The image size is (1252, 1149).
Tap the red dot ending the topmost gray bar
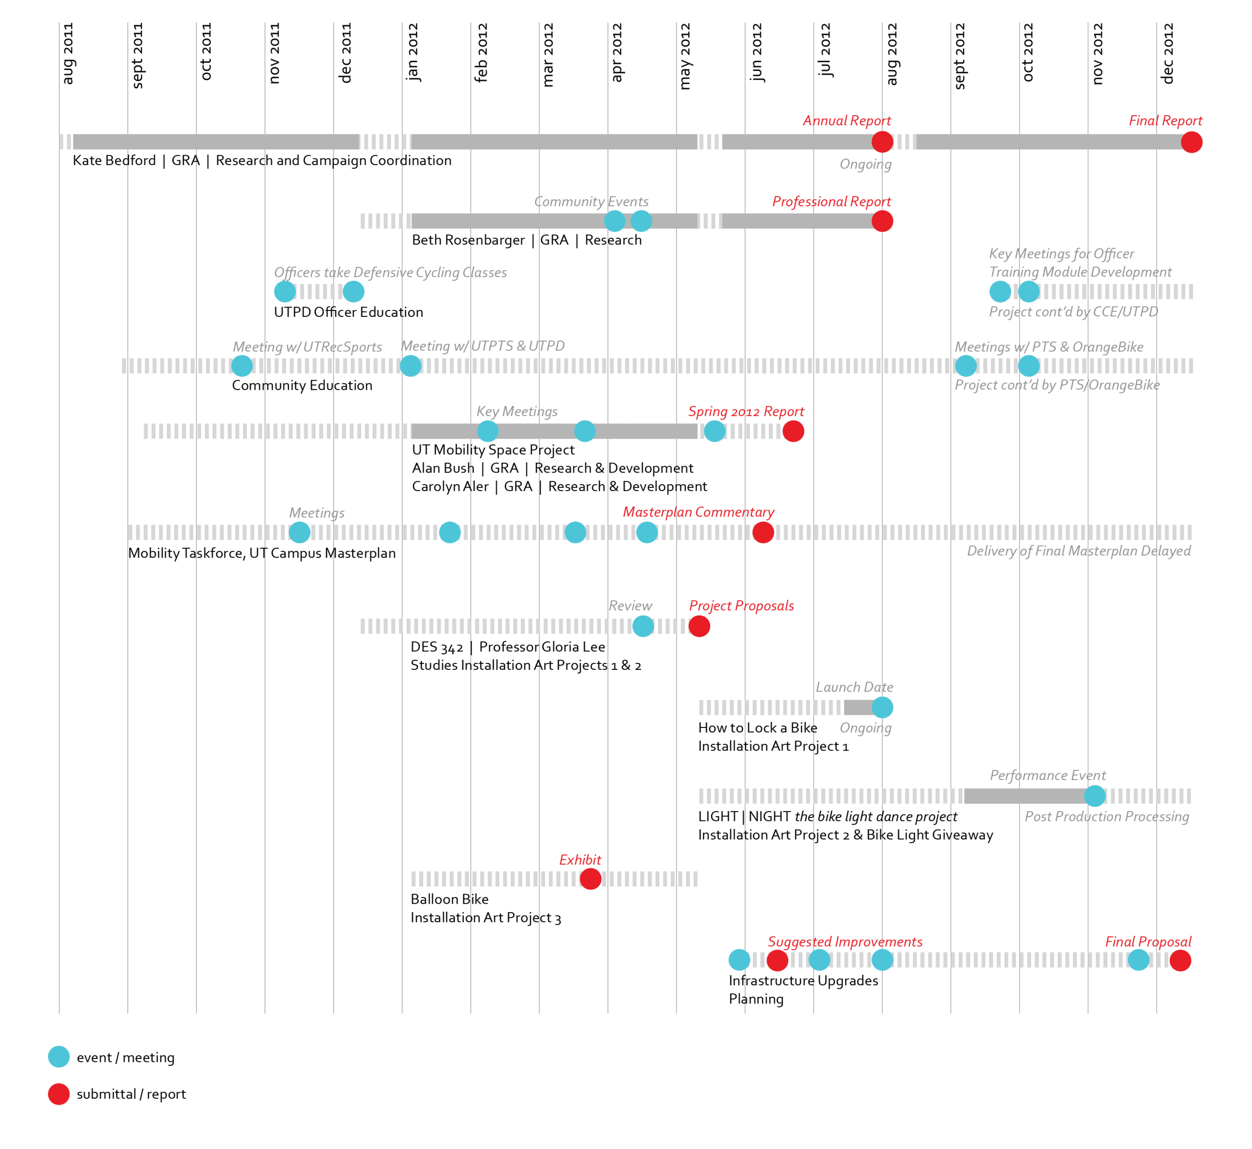(x=1191, y=142)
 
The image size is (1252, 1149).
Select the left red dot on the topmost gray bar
(x=882, y=142)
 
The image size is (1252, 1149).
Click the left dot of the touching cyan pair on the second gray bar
(x=614, y=221)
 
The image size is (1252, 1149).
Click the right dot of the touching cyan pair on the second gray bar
(x=641, y=221)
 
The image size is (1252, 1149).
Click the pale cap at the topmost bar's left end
(x=65, y=142)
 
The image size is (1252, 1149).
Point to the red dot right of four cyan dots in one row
(x=763, y=532)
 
